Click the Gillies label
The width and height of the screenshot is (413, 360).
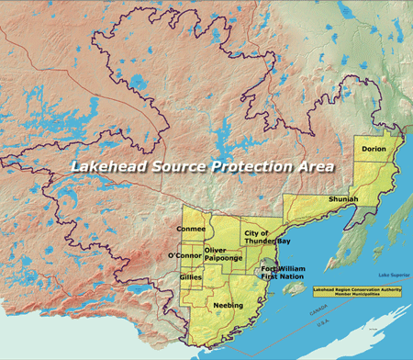pyautogui.click(x=191, y=276)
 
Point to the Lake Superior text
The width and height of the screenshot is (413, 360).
pyautogui.click(x=392, y=276)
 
